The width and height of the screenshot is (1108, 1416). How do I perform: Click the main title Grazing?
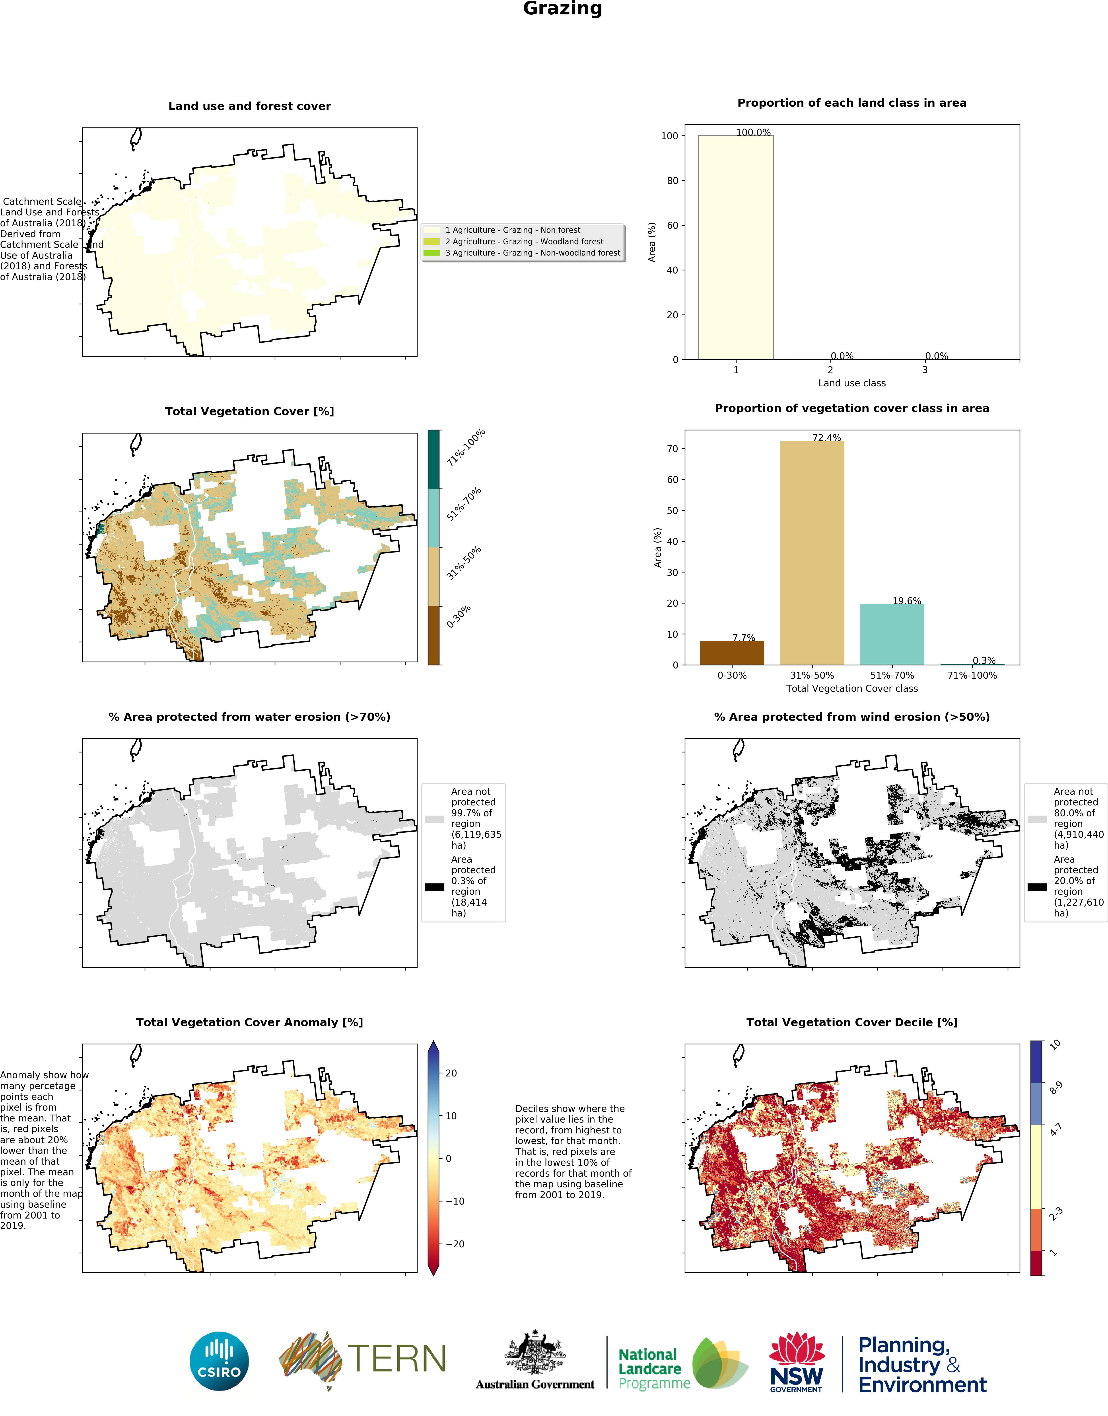coord(562,9)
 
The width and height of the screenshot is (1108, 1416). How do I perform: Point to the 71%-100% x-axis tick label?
coord(972,676)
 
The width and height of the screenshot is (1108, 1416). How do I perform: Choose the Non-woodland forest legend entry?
coord(532,253)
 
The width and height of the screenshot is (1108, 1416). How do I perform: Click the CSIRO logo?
coord(219,1361)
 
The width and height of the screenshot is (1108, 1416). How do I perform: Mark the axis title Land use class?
coord(852,383)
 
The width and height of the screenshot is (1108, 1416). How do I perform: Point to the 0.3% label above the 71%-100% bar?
coord(984,661)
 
